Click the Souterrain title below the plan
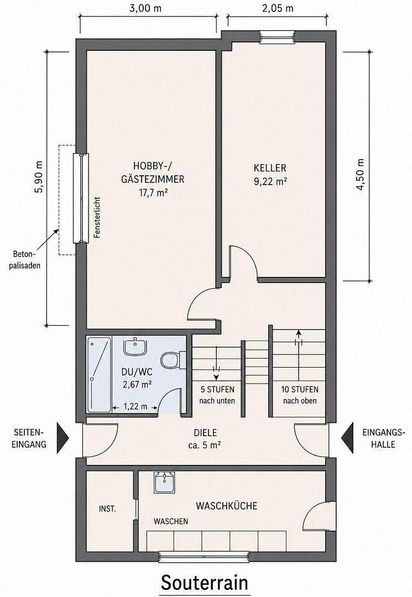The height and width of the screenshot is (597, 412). click(205, 583)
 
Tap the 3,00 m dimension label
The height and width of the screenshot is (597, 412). click(145, 8)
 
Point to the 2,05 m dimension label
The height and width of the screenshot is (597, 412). click(278, 8)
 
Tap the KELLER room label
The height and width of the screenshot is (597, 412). click(270, 168)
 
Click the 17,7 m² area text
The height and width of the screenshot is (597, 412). click(153, 193)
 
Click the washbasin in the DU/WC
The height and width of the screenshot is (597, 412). click(135, 346)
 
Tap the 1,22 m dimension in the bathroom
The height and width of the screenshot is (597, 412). click(135, 407)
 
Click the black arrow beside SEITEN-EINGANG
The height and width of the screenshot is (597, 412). click(62, 438)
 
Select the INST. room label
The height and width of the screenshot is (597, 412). click(107, 509)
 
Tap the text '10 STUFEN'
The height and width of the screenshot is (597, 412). click(300, 390)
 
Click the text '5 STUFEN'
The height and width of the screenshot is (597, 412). click(217, 390)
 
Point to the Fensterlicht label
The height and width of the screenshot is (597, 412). click(97, 217)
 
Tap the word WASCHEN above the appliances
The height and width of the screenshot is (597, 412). click(170, 521)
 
